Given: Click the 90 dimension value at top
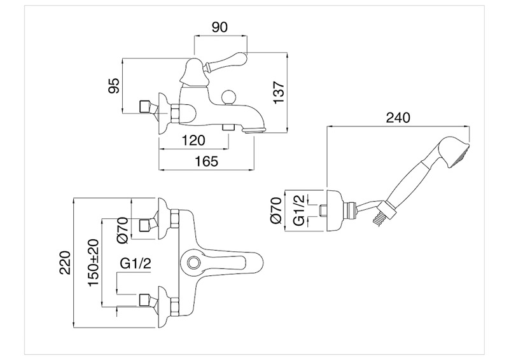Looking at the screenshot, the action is click(x=220, y=27).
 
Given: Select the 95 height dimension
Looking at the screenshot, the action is click(x=114, y=86).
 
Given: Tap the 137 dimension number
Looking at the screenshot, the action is click(x=279, y=92).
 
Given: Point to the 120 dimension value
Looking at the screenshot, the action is click(x=193, y=140).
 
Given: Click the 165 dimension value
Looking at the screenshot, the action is click(x=206, y=161).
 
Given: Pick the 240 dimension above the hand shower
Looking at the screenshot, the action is click(x=398, y=117).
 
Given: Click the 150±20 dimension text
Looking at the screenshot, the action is click(x=93, y=263).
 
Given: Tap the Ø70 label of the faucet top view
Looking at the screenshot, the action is click(x=123, y=230).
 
